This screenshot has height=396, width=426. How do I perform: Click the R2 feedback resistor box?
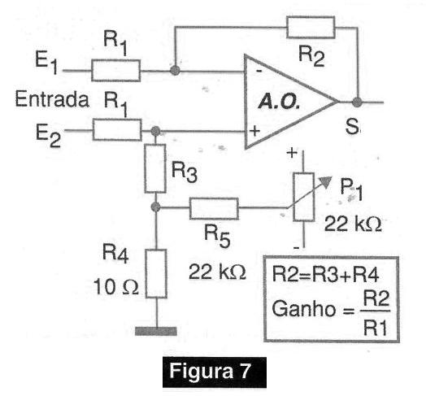311,27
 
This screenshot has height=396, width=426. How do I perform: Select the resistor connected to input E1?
116,71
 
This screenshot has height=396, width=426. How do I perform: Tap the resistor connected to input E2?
117,130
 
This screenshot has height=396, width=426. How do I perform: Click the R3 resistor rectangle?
155,168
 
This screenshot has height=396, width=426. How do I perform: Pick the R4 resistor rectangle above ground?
156,273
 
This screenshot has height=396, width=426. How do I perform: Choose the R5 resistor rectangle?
214,209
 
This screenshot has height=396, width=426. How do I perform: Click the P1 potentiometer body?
304,197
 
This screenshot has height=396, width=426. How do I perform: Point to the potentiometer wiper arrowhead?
326,181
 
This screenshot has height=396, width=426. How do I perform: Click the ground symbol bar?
156,331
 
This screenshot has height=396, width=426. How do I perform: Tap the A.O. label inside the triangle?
279,102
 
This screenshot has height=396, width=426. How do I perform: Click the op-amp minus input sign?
259,72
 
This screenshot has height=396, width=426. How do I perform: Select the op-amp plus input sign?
254,131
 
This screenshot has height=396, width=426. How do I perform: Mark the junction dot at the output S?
357,102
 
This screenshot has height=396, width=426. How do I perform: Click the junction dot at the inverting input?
175,71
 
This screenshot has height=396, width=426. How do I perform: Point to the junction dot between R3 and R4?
155,207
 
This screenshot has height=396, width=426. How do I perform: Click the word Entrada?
52,99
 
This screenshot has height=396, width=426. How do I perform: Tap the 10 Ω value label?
116,287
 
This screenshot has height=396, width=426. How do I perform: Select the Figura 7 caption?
210,371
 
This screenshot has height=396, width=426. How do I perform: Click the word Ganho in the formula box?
304,309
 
